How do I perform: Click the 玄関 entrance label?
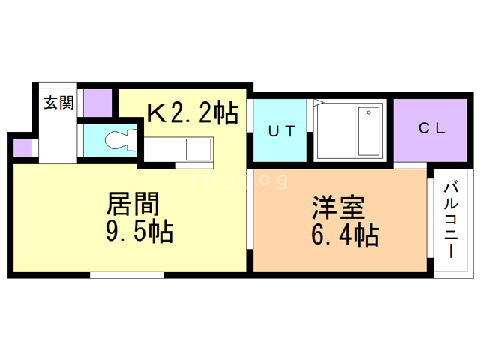point(58,103)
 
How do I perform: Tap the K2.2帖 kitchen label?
point(192,113)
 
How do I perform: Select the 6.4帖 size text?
point(344,235)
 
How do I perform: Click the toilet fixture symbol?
point(120,139)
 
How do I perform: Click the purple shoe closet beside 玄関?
point(96,102)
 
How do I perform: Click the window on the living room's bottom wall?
point(127,274)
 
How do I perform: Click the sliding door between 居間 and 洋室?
point(250,217)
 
